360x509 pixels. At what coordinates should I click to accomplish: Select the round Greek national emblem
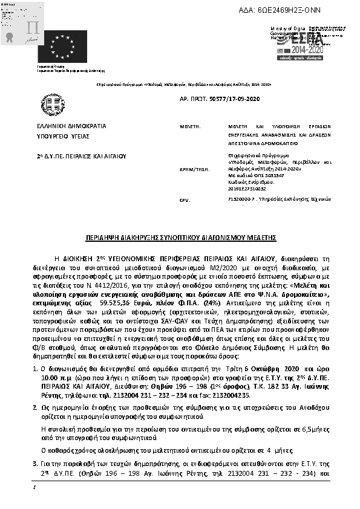[49, 103]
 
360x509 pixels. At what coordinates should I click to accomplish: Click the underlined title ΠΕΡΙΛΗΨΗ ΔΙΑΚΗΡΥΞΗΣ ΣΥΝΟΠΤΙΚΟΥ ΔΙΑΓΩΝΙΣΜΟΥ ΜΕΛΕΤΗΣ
[180, 239]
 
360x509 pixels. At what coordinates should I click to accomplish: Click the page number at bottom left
[34, 487]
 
